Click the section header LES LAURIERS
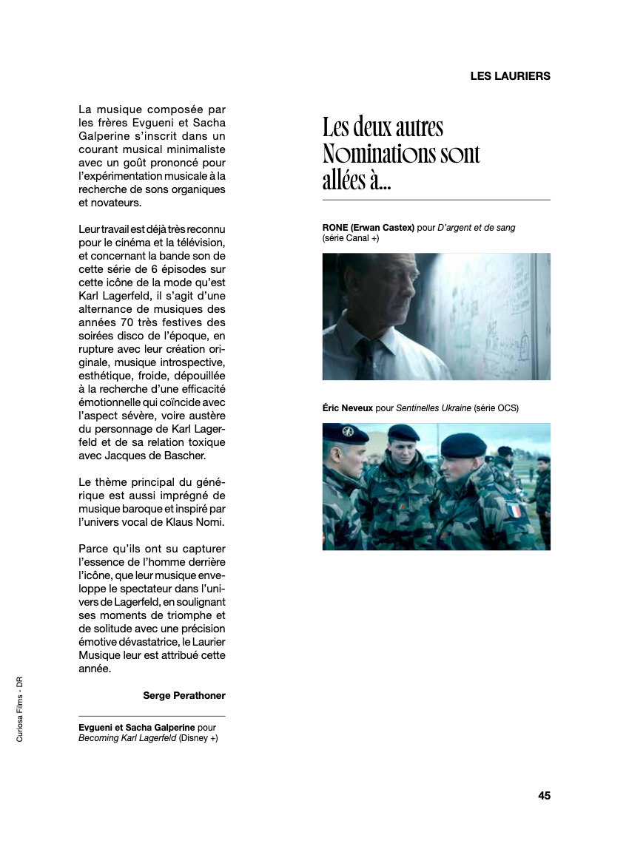pyautogui.click(x=510, y=76)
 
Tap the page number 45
pyautogui.click(x=544, y=796)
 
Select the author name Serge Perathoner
pyautogui.click(x=184, y=695)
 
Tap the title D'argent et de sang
pyautogui.click(x=477, y=228)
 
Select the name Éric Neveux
pyautogui.click(x=348, y=407)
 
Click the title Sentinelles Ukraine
pyautogui.click(x=434, y=407)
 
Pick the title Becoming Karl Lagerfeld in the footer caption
pyautogui.click(x=127, y=738)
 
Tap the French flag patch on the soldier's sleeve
pyautogui.click(x=513, y=510)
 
